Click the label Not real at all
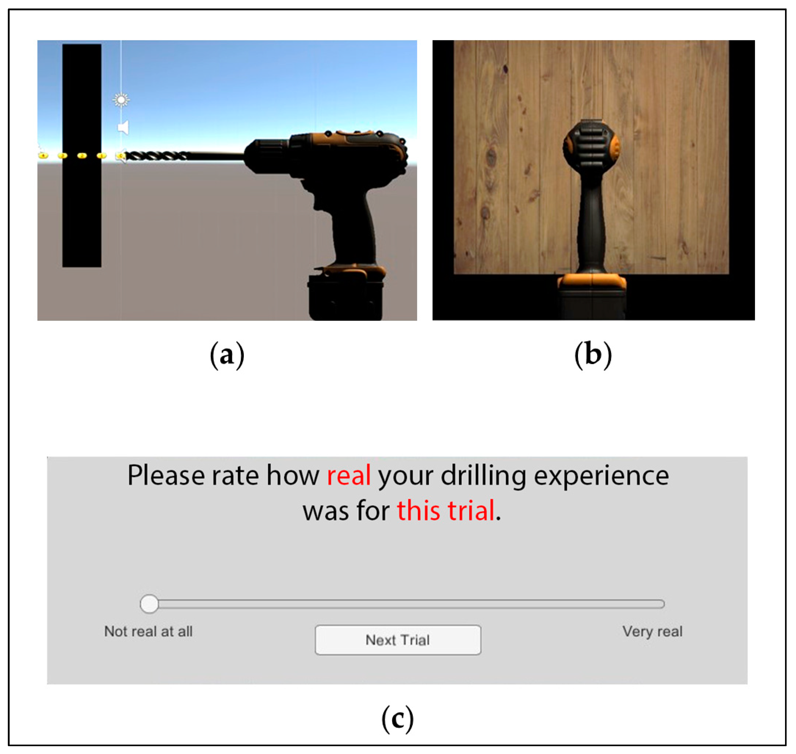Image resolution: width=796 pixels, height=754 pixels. [x=148, y=631]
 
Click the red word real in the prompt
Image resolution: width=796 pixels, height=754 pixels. [x=349, y=475]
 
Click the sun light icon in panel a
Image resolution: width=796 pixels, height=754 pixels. [x=121, y=100]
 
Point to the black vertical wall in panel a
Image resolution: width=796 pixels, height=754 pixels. [x=82, y=155]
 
